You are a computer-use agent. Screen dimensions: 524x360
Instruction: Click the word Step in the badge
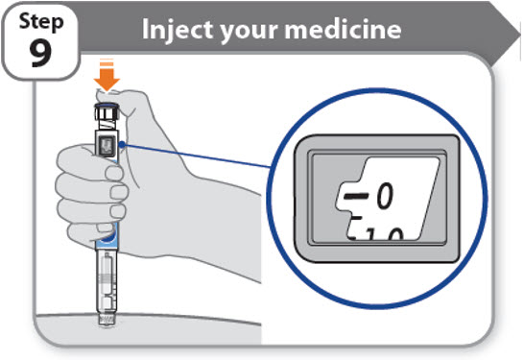41,22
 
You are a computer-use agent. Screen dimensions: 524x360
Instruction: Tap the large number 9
40,53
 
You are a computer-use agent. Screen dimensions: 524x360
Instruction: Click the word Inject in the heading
179,30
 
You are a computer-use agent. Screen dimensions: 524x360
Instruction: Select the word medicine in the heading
343,30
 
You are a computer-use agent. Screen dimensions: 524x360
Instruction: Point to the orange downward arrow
107,76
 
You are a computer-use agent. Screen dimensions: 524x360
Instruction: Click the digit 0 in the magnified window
385,197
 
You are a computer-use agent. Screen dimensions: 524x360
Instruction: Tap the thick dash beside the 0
356,196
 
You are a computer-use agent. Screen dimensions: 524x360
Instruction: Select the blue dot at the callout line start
122,144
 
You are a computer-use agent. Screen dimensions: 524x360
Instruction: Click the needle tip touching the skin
107,324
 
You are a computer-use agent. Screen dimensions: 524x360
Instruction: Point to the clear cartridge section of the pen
107,280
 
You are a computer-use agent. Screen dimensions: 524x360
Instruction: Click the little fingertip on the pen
106,228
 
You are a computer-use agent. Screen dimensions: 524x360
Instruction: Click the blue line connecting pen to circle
197,156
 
